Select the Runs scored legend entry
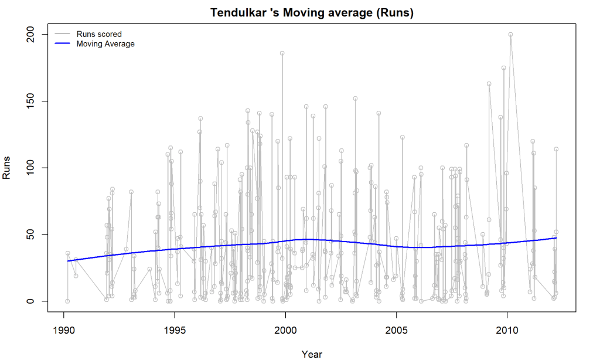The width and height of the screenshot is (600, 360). pyautogui.click(x=99, y=34)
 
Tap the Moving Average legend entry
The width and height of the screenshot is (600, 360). pyautogui.click(x=105, y=44)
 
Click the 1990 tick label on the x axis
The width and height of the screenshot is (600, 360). pyautogui.click(x=64, y=330)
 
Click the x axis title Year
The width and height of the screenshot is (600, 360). pyautogui.click(x=311, y=354)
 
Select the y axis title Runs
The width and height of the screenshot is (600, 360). pyautogui.click(x=7, y=168)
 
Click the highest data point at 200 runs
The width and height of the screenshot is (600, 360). pyautogui.click(x=511, y=35)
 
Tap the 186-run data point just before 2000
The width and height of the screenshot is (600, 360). pyautogui.click(x=282, y=53)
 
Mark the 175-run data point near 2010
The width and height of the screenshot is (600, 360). pyautogui.click(x=503, y=68)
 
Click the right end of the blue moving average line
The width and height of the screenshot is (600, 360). pyautogui.click(x=556, y=237)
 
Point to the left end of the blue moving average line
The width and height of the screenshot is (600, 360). pyautogui.click(x=67, y=261)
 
